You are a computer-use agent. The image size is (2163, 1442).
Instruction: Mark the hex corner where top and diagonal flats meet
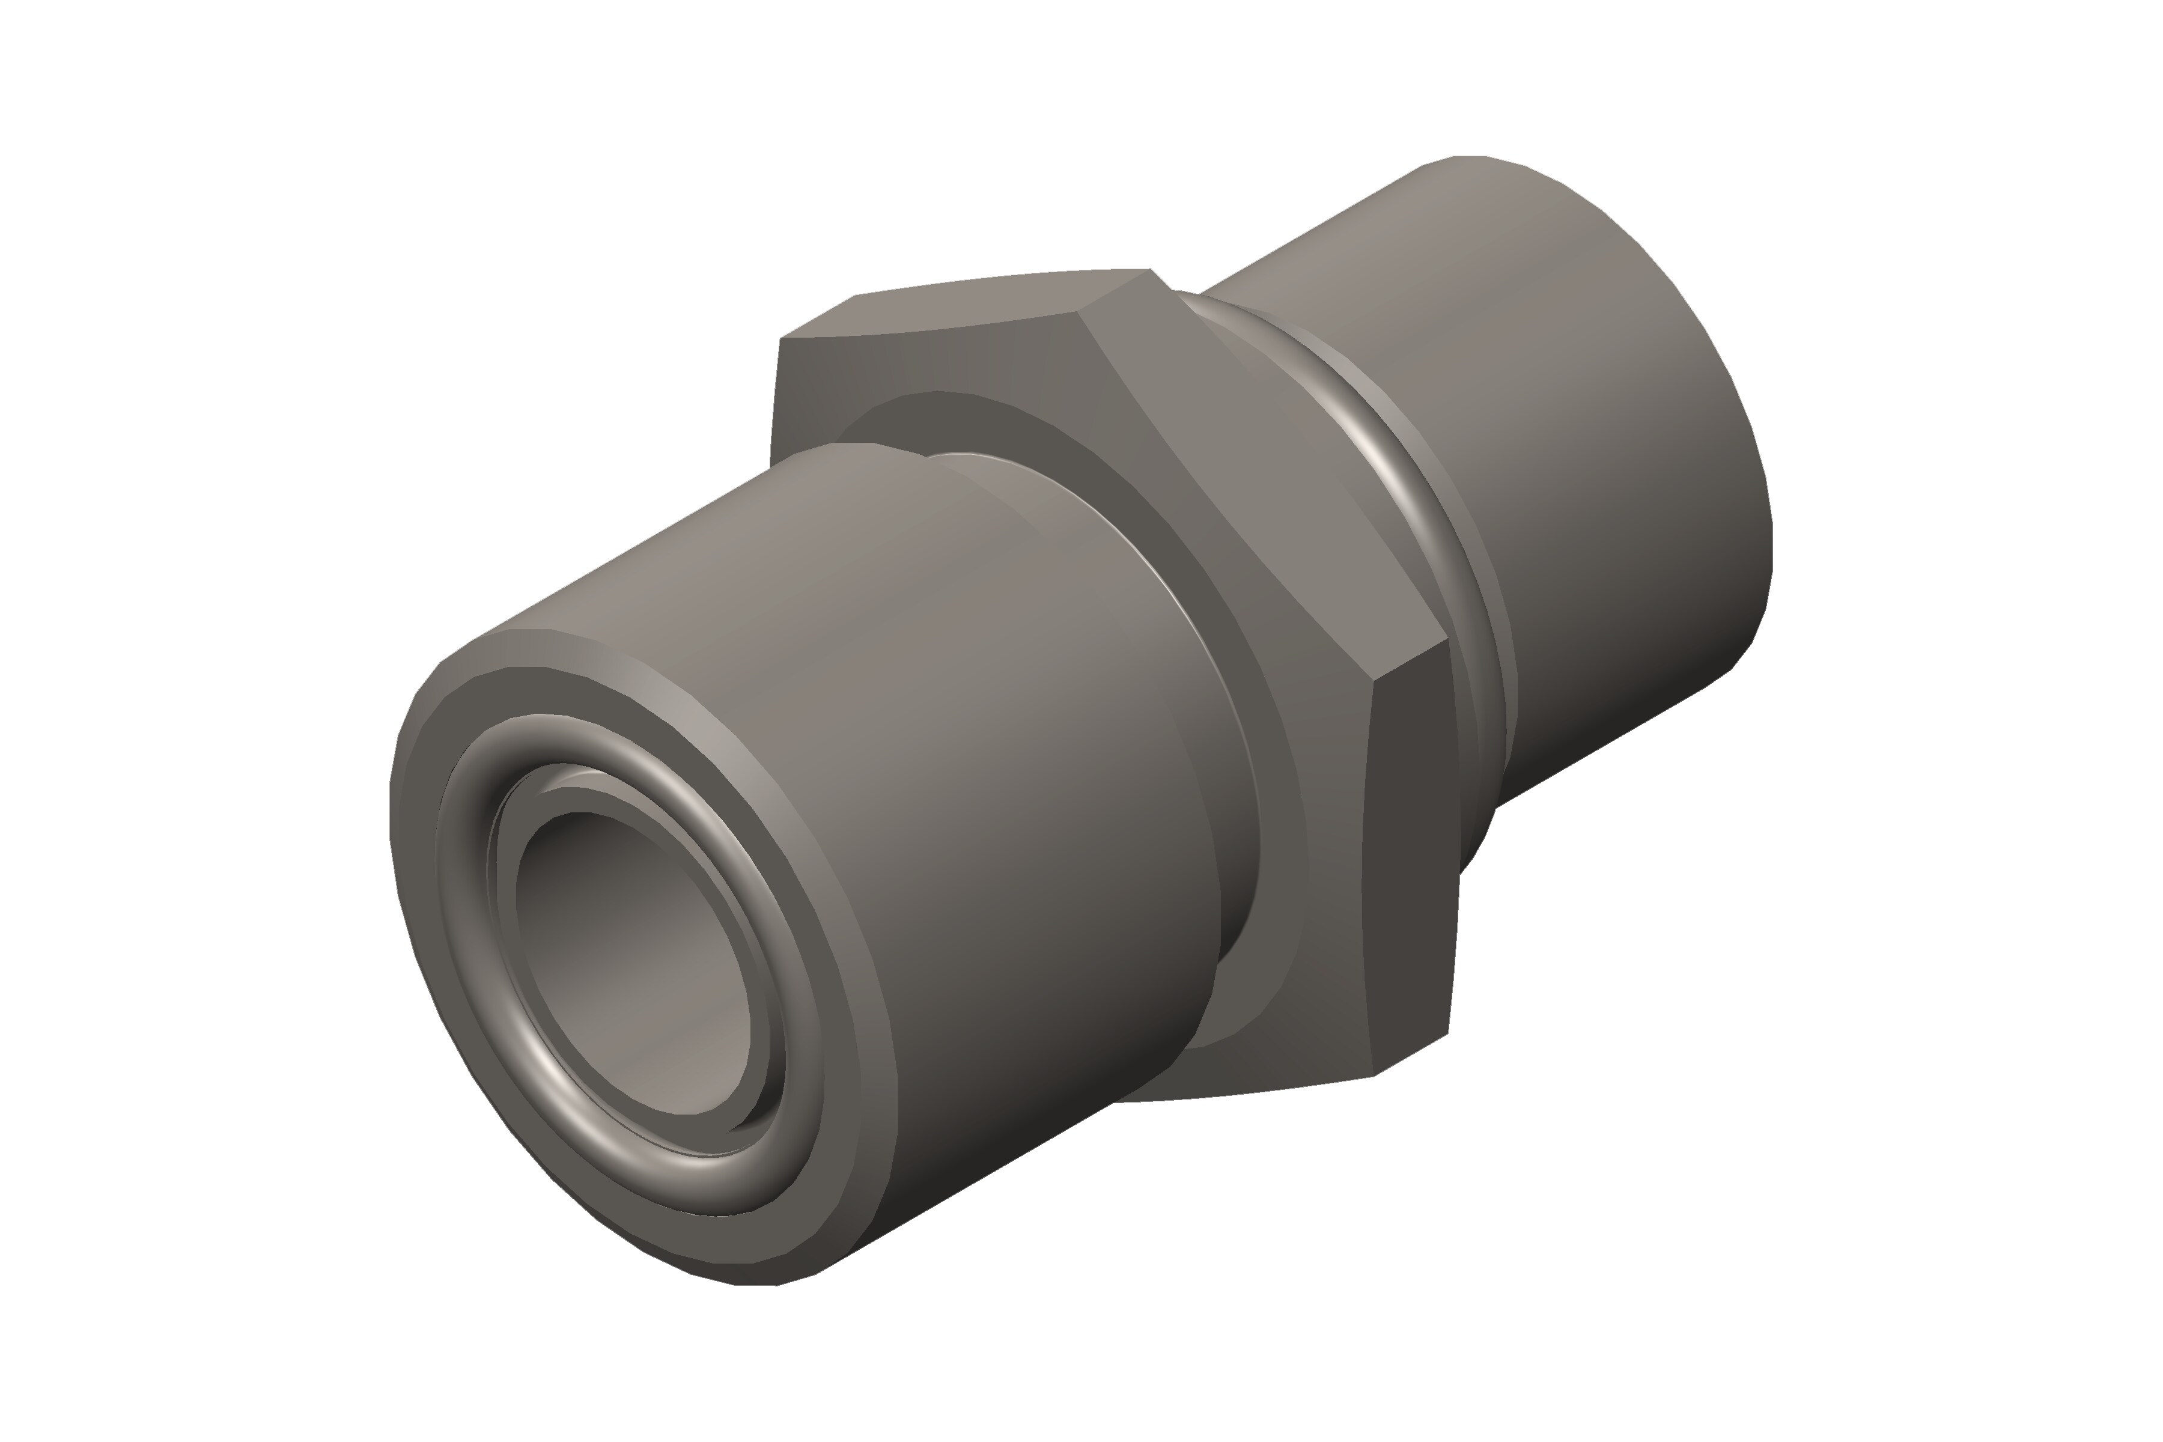point(1078,312)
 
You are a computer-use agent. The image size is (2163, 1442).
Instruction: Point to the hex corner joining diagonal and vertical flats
point(1372,681)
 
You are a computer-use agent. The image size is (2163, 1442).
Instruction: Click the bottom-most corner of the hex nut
point(1373,1074)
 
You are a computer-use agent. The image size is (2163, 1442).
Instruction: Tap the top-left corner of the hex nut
point(780,338)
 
